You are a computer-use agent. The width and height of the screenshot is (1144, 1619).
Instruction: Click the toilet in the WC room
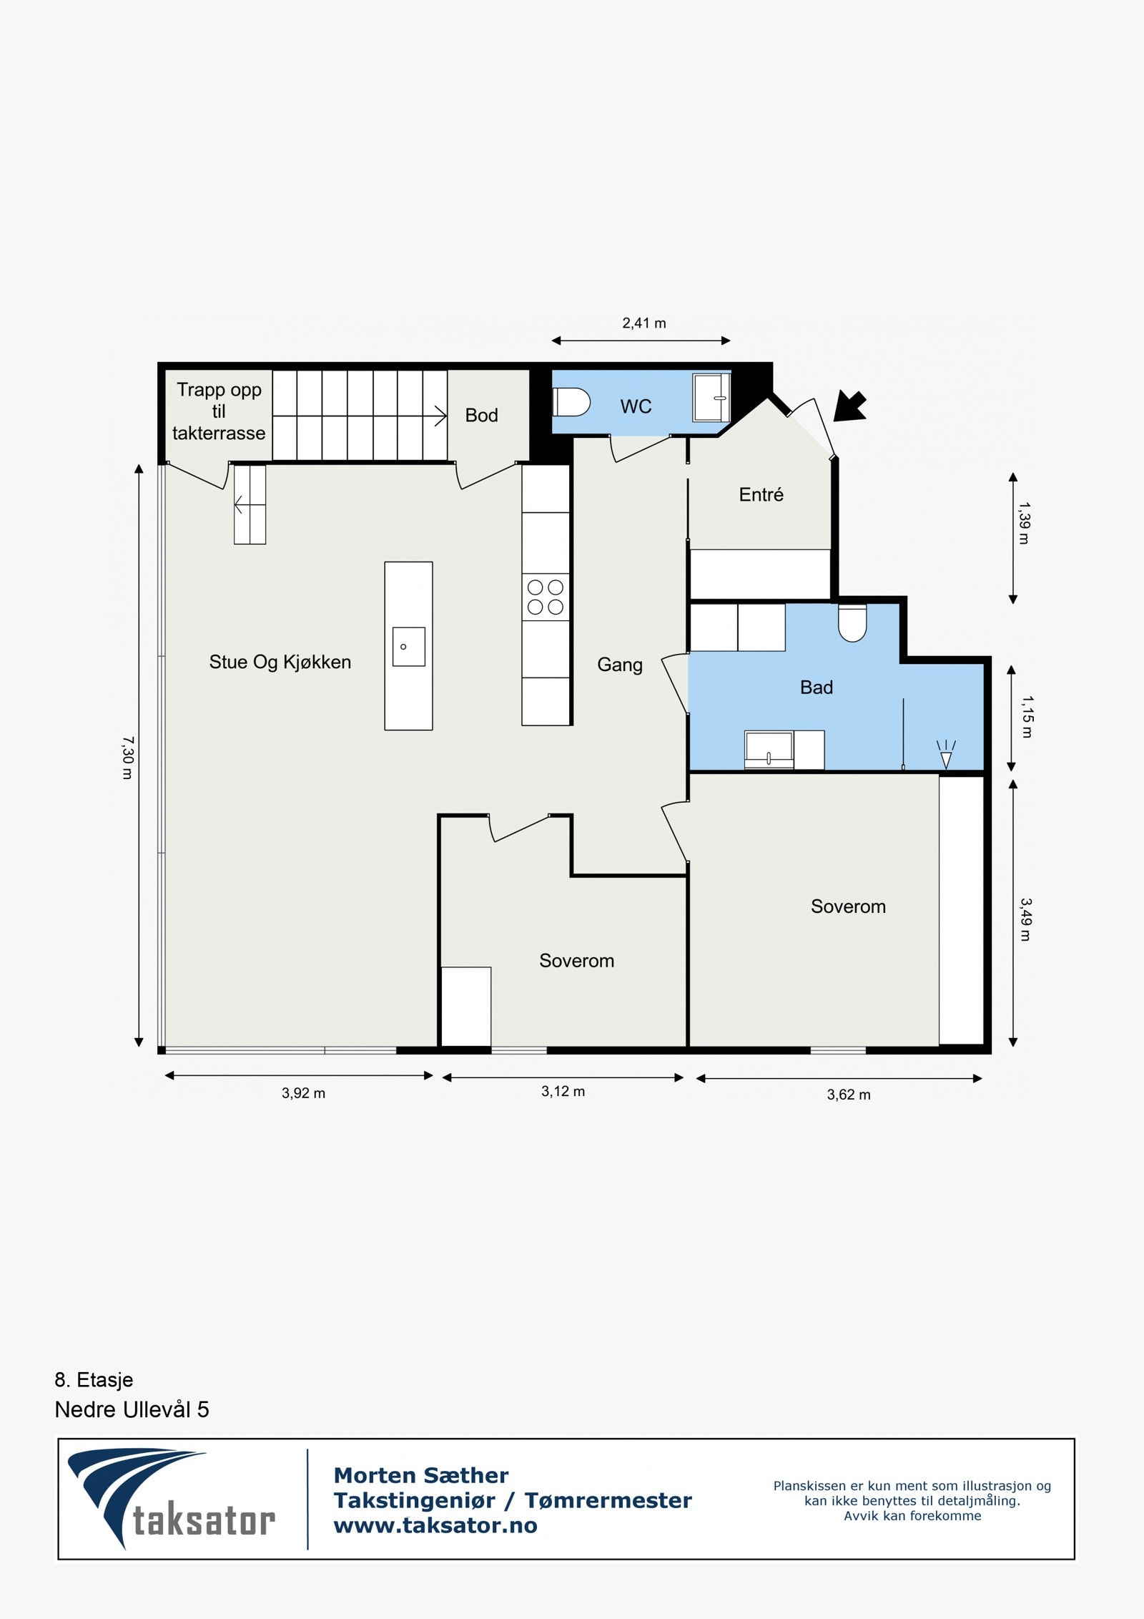pyautogui.click(x=571, y=402)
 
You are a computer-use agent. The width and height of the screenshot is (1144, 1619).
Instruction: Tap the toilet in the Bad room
pyautogui.click(x=852, y=623)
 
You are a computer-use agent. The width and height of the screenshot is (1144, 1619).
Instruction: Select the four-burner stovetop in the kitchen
pyautogui.click(x=546, y=597)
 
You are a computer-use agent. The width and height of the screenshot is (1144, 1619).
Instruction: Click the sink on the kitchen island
pyautogui.click(x=408, y=647)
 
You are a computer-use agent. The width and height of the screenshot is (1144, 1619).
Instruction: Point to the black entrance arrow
pyautogui.click(x=850, y=406)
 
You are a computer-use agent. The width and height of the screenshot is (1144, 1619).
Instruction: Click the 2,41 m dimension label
pyautogui.click(x=644, y=323)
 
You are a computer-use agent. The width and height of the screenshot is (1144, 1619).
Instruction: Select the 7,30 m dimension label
pyautogui.click(x=127, y=758)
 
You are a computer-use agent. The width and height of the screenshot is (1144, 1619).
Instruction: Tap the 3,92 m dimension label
pyautogui.click(x=303, y=1093)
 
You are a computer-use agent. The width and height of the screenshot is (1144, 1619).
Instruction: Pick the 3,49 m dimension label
pyautogui.click(x=1025, y=920)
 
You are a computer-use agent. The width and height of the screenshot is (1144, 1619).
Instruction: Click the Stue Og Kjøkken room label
pyautogui.click(x=280, y=662)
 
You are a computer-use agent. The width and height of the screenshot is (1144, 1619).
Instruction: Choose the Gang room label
pyautogui.click(x=620, y=665)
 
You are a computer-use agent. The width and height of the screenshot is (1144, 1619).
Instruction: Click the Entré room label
pyautogui.click(x=761, y=494)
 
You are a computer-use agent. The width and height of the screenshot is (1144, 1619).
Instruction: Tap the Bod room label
pyautogui.click(x=481, y=416)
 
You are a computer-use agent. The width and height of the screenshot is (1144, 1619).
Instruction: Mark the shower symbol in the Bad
pyautogui.click(x=946, y=755)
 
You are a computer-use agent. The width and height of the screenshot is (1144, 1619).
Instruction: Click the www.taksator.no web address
pyautogui.click(x=435, y=1525)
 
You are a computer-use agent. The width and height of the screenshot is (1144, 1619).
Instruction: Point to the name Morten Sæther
pyautogui.click(x=421, y=1475)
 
